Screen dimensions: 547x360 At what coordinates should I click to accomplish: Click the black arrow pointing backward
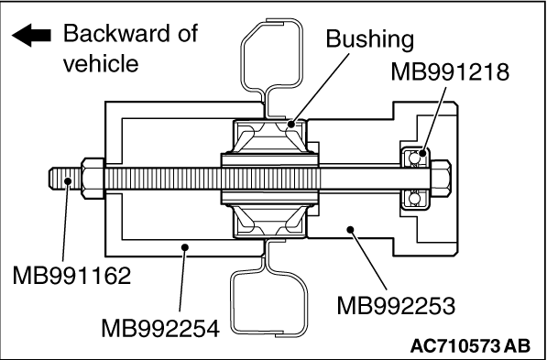pos(31,35)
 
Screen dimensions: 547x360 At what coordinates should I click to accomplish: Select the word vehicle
pos(101,63)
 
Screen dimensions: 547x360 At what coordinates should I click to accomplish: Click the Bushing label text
pos(370,39)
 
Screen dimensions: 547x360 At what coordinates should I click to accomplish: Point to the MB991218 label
pos(450,72)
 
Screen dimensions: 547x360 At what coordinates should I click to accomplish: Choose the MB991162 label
pos(71,276)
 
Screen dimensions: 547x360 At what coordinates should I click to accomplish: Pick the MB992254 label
pos(160,329)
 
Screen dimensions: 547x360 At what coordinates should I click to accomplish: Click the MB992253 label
pos(396,306)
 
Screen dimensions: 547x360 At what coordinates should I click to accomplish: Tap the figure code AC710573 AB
pos(471,346)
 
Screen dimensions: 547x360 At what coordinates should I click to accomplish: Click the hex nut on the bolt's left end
pos(93,179)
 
